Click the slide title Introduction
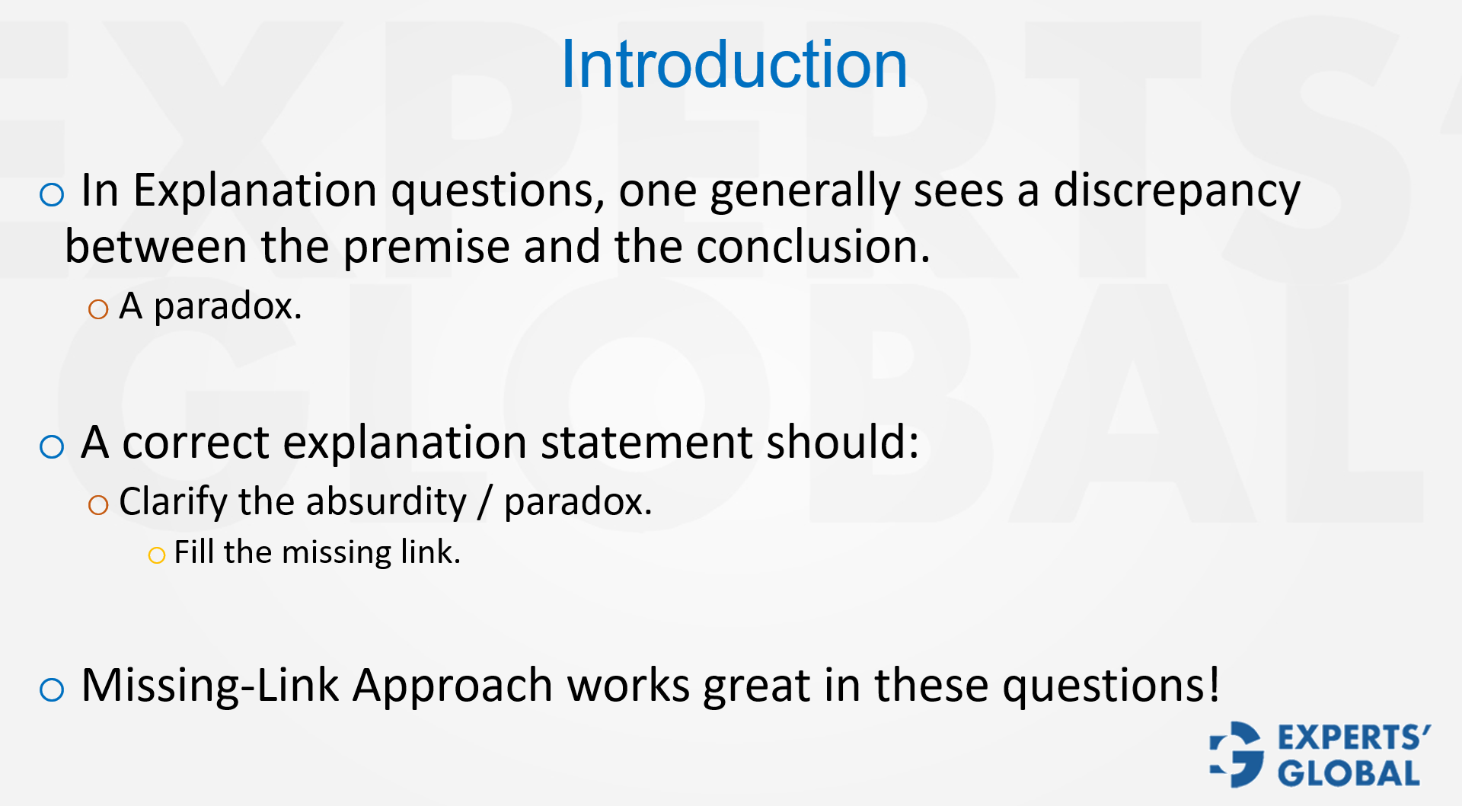[x=733, y=65]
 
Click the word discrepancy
[x=1176, y=190]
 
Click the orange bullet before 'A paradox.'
[x=98, y=309]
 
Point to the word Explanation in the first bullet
[x=254, y=190]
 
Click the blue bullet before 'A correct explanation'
[x=52, y=446]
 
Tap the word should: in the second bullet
[x=842, y=443]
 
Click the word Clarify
[x=173, y=502]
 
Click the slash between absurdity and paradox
[x=485, y=503]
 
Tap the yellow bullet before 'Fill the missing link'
[x=157, y=555]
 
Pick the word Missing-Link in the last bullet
[x=209, y=685]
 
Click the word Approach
[x=452, y=685]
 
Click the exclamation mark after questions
[x=1213, y=683]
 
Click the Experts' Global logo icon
[x=1237, y=754]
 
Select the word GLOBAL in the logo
[x=1349, y=774]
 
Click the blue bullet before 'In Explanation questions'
[x=52, y=195]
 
